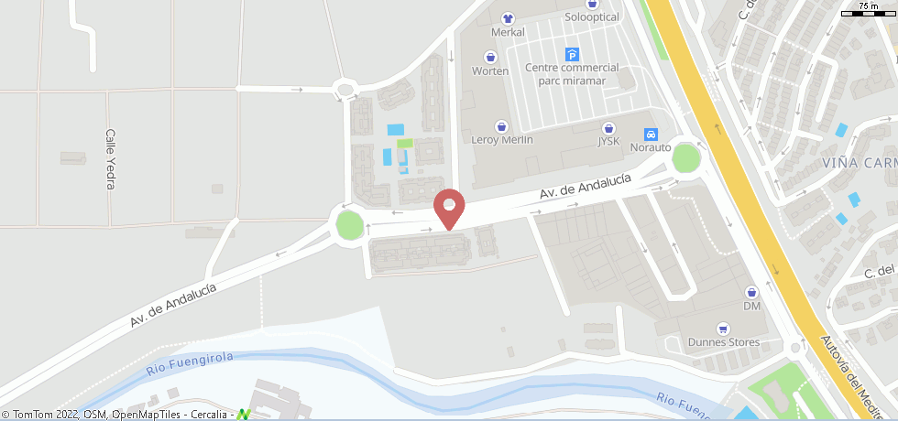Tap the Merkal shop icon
[x=509, y=18]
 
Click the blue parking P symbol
[x=572, y=54]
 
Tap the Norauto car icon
[x=652, y=134]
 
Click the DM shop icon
[x=752, y=292]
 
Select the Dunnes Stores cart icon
[x=723, y=329]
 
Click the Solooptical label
[x=592, y=16]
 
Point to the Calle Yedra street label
[x=111, y=158]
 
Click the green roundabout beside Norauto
[x=685, y=158]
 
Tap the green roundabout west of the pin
[x=349, y=225]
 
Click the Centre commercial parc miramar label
[x=572, y=74]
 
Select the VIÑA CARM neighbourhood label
[x=859, y=163]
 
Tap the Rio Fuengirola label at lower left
[x=190, y=363]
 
